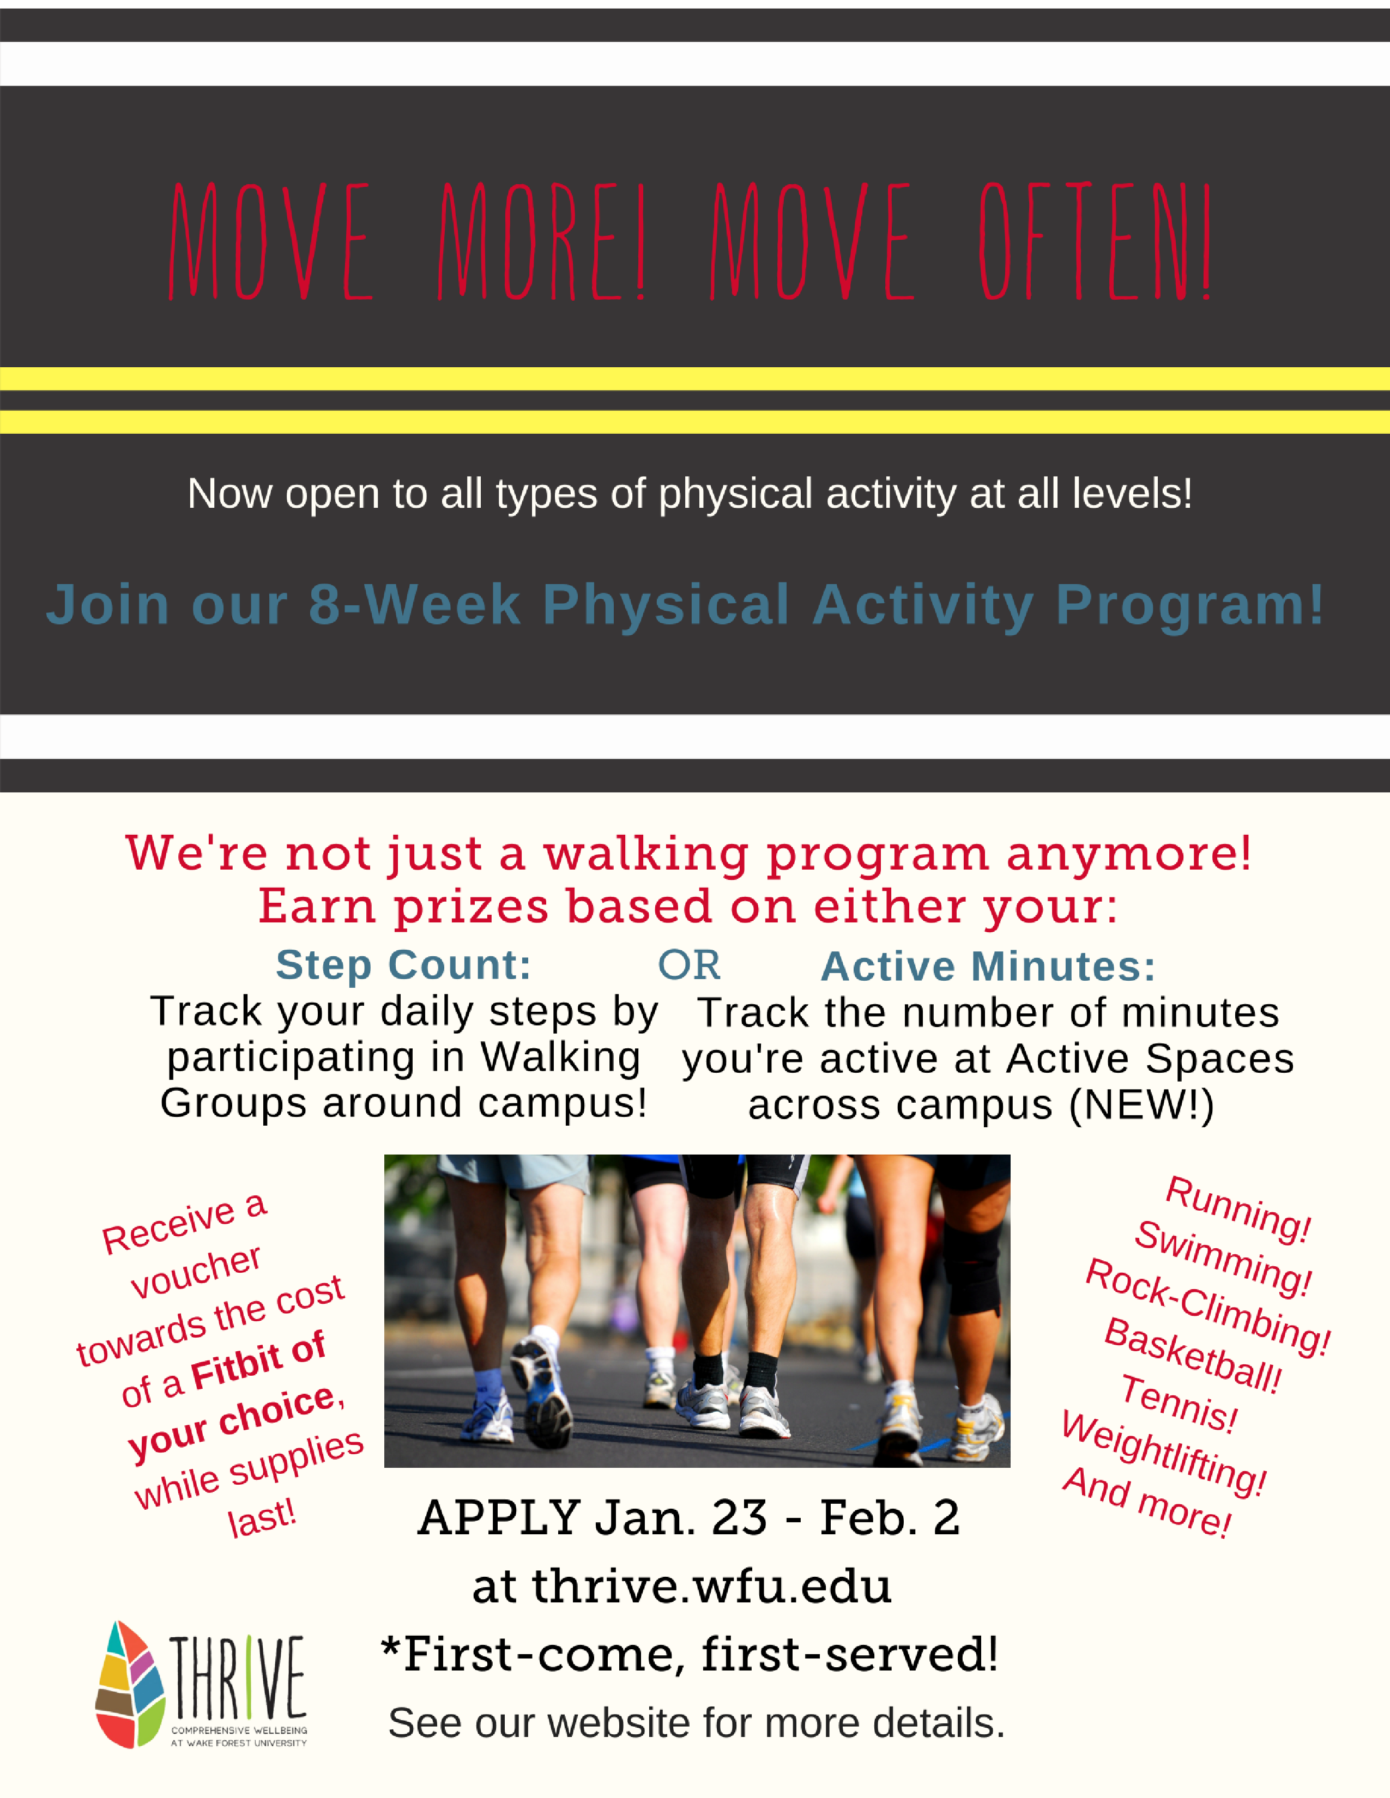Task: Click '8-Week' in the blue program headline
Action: [x=414, y=605]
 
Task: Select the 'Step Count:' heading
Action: [x=403, y=965]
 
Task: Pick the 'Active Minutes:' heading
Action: [x=988, y=967]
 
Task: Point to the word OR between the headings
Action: [x=688, y=965]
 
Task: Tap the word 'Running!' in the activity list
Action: [x=1238, y=1210]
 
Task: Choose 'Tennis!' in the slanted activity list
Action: [x=1179, y=1405]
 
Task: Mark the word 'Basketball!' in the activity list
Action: [x=1192, y=1356]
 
